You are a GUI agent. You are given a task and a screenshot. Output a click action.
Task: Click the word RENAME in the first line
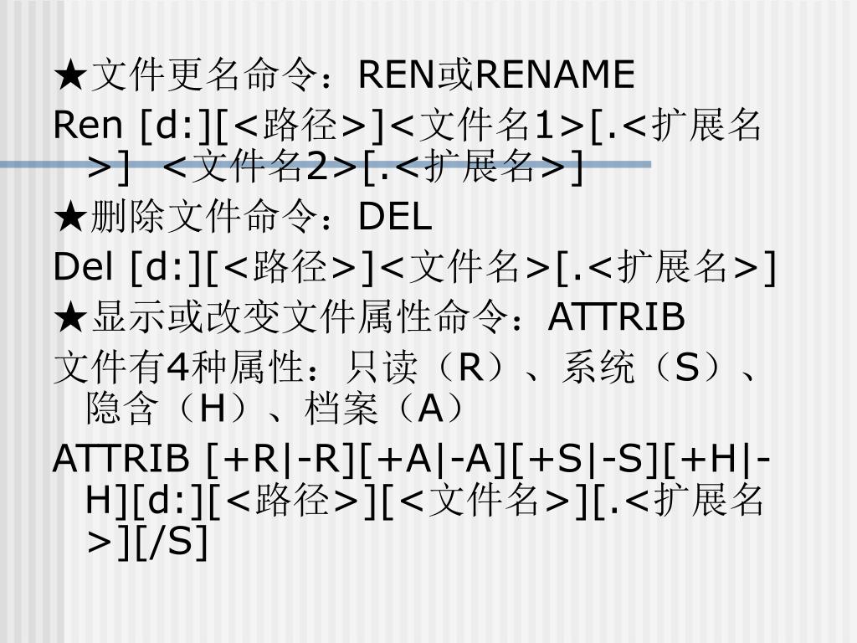point(556,75)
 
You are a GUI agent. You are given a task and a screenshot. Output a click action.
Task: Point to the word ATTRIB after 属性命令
point(617,317)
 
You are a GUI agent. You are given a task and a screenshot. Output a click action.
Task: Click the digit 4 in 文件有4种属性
point(176,367)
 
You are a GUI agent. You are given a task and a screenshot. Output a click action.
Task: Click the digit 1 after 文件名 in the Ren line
point(546,126)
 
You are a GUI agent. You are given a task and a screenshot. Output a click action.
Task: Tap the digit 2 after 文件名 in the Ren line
point(316,168)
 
